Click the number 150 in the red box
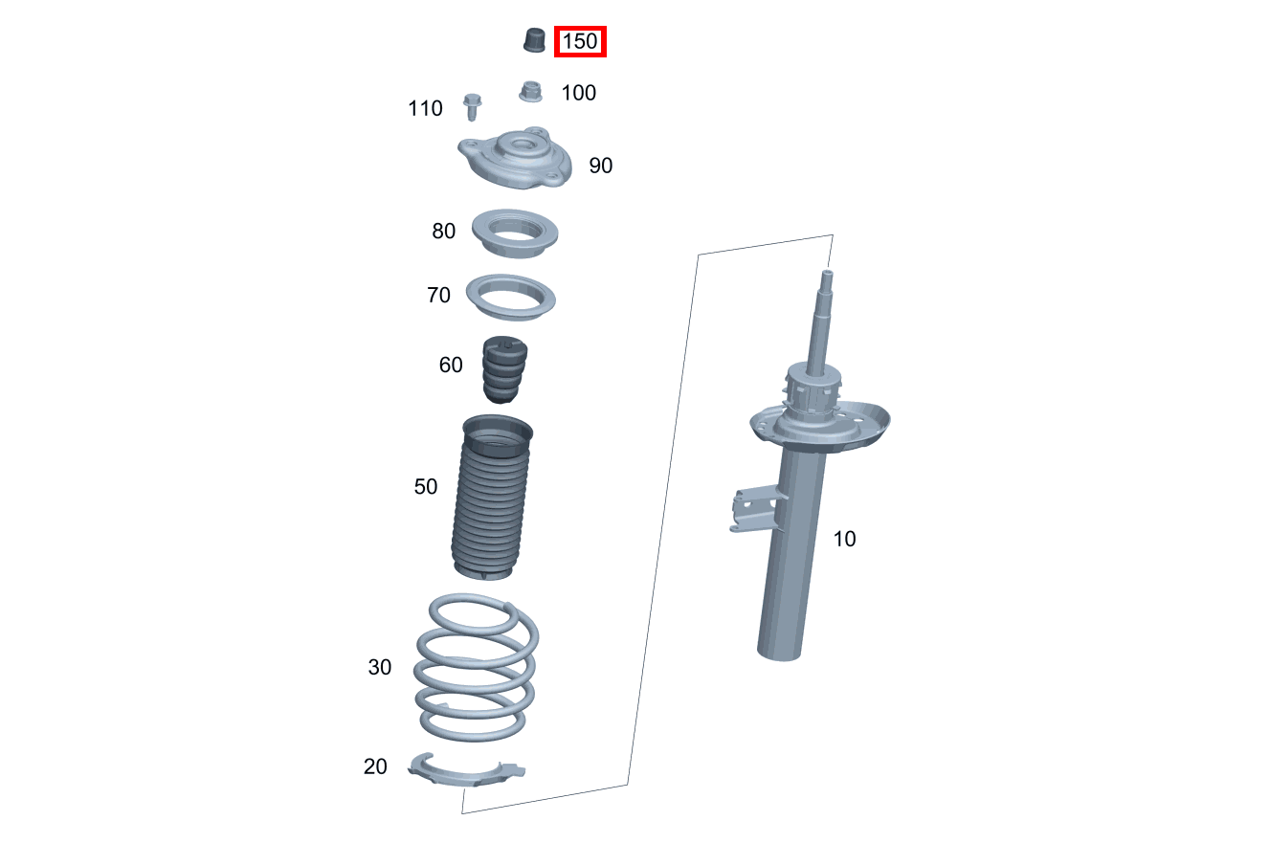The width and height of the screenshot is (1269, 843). pos(580,41)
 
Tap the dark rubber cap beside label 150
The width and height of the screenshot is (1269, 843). pos(534,39)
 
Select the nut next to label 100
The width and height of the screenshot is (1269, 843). pos(530,92)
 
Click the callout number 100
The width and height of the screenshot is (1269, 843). pos(578,93)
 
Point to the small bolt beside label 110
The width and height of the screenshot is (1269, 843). pos(472,107)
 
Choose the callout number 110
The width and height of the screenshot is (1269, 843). pos(425,108)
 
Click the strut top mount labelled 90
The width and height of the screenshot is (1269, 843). pos(515,158)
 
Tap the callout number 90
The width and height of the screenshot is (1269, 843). pos(600,166)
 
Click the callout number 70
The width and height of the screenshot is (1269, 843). pos(438,295)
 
